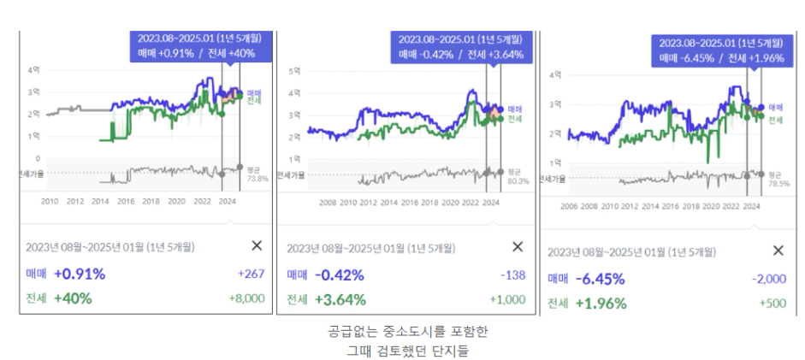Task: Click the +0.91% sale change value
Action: tap(79, 274)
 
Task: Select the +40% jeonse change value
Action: tap(73, 298)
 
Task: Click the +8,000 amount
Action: tap(246, 298)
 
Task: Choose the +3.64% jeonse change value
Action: tap(340, 299)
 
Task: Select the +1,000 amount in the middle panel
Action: tap(506, 299)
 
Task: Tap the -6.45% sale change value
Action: tap(600, 279)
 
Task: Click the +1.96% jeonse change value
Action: tap(601, 303)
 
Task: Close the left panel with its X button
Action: tap(257, 245)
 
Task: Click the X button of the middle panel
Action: tap(518, 246)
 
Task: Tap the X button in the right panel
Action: tap(778, 251)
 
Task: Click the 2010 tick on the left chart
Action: tap(50, 201)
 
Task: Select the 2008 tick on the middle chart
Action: tap(327, 203)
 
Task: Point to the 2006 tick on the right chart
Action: tap(569, 206)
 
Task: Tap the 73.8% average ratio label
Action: tap(257, 179)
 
